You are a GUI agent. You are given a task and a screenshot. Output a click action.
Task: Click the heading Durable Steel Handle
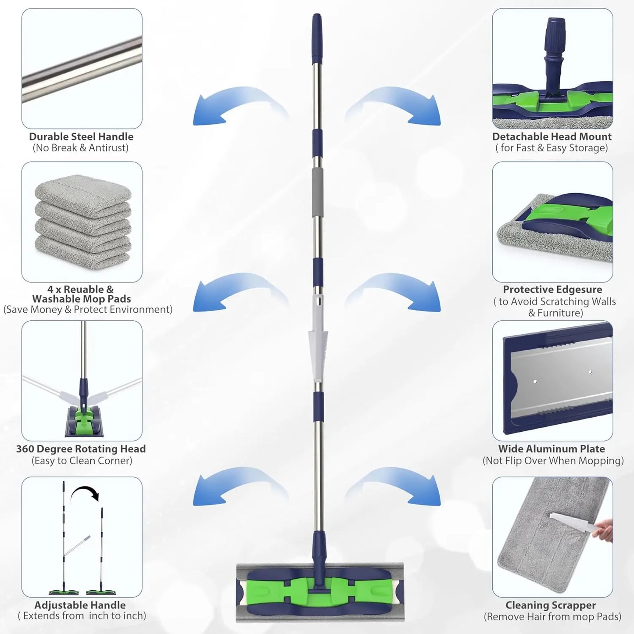click(81, 136)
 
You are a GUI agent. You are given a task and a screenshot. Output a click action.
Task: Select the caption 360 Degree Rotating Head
click(81, 449)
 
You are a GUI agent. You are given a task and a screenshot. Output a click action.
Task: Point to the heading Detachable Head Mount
click(552, 136)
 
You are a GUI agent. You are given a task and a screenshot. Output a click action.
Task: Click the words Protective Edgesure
click(552, 290)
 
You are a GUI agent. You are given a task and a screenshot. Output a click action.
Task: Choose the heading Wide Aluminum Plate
click(552, 449)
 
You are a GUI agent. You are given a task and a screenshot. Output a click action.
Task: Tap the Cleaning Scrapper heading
click(551, 605)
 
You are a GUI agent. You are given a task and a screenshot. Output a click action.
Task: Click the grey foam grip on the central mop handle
click(317, 191)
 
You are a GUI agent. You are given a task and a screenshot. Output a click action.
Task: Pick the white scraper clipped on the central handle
click(318, 338)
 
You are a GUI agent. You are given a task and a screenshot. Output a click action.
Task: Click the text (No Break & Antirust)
click(81, 148)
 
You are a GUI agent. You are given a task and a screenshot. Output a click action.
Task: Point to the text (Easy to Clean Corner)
click(82, 461)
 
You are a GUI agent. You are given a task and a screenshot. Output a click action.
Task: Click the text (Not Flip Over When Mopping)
click(553, 461)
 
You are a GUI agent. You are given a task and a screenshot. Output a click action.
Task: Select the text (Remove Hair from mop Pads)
click(552, 616)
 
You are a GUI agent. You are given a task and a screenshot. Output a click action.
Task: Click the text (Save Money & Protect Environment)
click(88, 310)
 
